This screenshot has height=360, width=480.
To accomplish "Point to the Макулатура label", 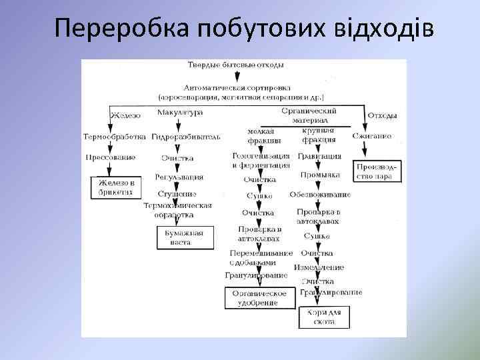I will [180, 113].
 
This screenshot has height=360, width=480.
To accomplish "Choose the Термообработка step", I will [114, 136].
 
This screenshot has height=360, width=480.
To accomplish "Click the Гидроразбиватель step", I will [185, 136].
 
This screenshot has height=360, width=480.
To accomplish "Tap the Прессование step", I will [111, 157].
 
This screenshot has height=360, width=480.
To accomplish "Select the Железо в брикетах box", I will [117, 187].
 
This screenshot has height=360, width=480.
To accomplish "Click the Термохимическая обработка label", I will [177, 210].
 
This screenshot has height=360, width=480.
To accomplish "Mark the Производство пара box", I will [378, 171].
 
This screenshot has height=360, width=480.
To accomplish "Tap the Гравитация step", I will [317, 157].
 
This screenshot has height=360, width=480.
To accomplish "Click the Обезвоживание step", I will [320, 194].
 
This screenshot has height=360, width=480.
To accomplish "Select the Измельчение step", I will [319, 267].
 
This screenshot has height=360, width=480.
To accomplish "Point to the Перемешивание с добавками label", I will [261, 258].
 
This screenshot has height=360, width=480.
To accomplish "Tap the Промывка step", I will [320, 175].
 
